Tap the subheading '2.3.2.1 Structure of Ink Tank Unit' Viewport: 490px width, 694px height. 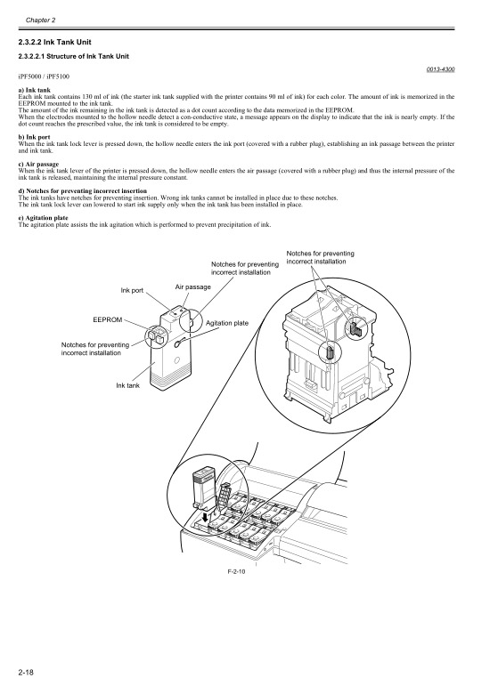74,58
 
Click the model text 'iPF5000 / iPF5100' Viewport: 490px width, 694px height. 43,78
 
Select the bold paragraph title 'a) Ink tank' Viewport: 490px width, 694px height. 35,90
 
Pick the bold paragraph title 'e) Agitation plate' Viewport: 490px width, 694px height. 45,215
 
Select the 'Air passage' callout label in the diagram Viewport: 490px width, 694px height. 192,287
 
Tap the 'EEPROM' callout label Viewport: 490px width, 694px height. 108,319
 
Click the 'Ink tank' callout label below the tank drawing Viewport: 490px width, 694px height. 128,384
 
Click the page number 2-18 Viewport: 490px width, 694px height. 25,669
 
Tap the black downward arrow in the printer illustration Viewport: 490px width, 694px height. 206,515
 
